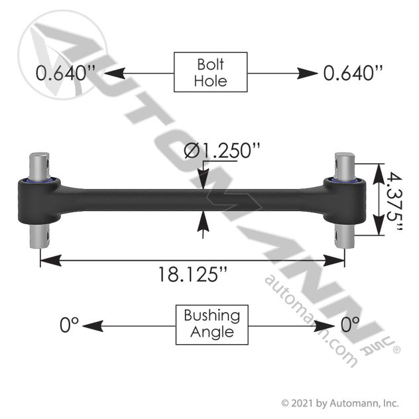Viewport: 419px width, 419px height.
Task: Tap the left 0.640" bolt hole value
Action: [x=66, y=73]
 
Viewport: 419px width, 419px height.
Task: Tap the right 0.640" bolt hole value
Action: [x=353, y=73]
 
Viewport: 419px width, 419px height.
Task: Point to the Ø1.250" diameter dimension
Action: [x=222, y=150]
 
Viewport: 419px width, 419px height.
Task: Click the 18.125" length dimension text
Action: [x=193, y=274]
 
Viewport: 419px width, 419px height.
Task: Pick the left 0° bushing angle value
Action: [x=69, y=325]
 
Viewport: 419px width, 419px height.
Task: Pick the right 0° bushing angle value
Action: [x=350, y=325]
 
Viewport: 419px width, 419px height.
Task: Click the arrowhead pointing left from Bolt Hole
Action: [x=115, y=73]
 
